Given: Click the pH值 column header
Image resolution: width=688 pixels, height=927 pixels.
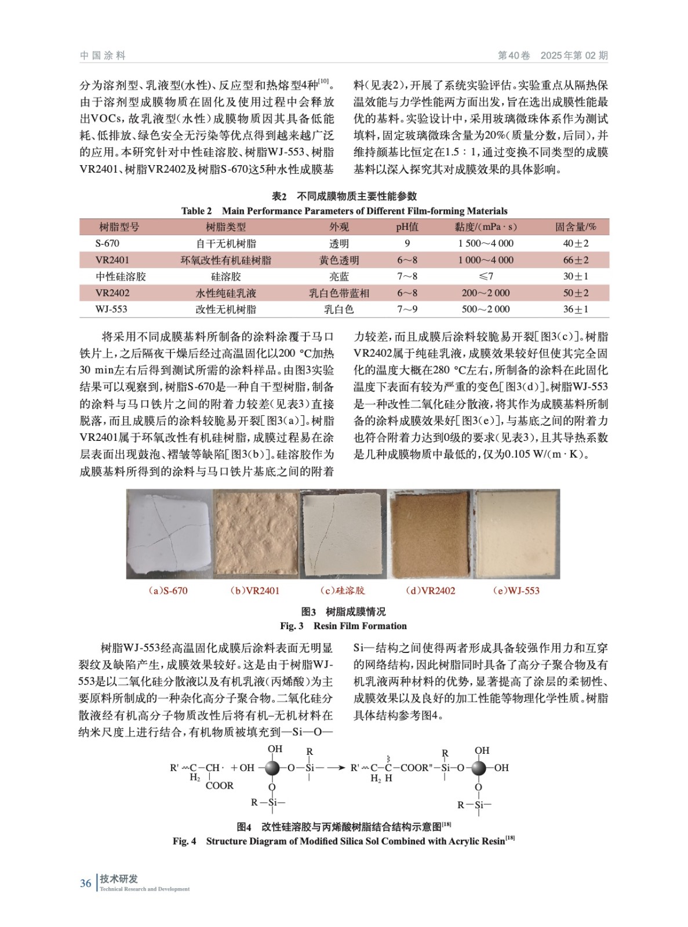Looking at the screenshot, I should (407, 227).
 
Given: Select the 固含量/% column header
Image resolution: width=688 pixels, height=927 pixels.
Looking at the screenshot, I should (575, 227).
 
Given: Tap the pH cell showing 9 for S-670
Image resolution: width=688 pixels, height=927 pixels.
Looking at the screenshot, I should (407, 244).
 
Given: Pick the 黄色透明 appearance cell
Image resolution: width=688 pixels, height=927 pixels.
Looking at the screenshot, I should (339, 260).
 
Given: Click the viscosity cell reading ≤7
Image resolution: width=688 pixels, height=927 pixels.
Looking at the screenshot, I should (486, 276).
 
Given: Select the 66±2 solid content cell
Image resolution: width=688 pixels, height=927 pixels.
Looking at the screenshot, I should (575, 260).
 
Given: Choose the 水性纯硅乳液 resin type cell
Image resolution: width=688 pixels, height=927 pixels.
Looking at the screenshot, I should (225, 293).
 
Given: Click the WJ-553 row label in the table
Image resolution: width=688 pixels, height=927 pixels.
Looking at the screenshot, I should (111, 309).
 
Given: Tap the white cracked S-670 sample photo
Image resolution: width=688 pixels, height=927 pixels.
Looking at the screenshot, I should (169, 534).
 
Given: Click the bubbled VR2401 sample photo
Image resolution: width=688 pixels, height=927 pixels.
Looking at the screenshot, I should (256, 534).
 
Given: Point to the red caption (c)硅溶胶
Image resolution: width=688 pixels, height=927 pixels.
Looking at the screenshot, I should (343, 591).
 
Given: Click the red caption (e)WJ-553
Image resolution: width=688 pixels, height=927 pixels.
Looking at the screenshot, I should (516, 591).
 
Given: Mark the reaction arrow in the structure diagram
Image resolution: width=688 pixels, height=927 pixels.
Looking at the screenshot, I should (336, 768).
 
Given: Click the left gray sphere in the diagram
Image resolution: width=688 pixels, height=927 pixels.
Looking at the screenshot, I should (272, 768).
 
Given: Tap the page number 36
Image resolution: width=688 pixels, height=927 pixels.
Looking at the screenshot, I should (86, 883).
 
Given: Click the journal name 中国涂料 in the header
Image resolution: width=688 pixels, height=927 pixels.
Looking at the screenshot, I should (103, 56).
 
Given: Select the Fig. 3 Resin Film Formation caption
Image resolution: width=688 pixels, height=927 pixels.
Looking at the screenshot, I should (343, 626).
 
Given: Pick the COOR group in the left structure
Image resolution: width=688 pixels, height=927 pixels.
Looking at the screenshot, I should (219, 786).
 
